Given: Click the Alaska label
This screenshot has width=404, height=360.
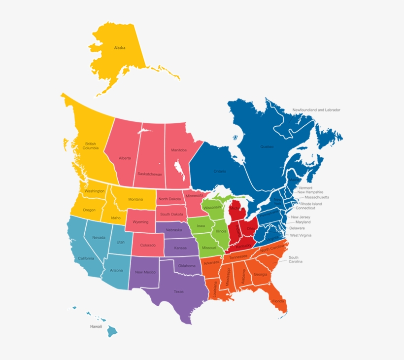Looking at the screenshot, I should pyautogui.click(x=120, y=48).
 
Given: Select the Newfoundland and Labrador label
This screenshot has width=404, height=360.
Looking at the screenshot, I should pyautogui.click(x=316, y=110).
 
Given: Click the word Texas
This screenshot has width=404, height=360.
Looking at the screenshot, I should pyautogui.click(x=178, y=291).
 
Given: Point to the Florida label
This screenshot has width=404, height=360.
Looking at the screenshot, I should pyautogui.click(x=278, y=301).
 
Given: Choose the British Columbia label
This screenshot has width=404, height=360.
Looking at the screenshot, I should pyautogui.click(x=90, y=146).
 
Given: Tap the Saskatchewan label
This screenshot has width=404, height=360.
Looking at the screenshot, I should pyautogui.click(x=150, y=174).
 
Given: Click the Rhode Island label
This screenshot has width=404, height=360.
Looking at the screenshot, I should pyautogui.click(x=311, y=204).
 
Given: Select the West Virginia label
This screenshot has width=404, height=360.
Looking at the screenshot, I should pyautogui.click(x=301, y=235).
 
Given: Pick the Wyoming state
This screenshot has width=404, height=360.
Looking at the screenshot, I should pyautogui.click(x=140, y=221).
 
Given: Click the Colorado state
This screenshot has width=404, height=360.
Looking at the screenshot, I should pyautogui.click(x=147, y=245).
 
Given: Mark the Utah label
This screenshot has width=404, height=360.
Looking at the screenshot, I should pyautogui.click(x=121, y=242).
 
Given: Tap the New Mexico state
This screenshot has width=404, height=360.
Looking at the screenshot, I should pyautogui.click(x=145, y=272).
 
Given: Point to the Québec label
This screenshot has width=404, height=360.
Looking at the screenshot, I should pyautogui.click(x=267, y=146).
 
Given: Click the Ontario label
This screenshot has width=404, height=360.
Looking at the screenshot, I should pyautogui.click(x=220, y=171).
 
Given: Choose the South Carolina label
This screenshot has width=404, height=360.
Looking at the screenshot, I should pyautogui.click(x=294, y=259).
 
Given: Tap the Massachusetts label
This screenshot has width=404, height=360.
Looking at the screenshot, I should pyautogui.click(x=317, y=197).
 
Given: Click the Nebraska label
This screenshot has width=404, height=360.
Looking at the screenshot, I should pyautogui.click(x=173, y=230).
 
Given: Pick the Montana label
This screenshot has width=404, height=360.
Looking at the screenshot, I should pyautogui.click(x=135, y=199).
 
